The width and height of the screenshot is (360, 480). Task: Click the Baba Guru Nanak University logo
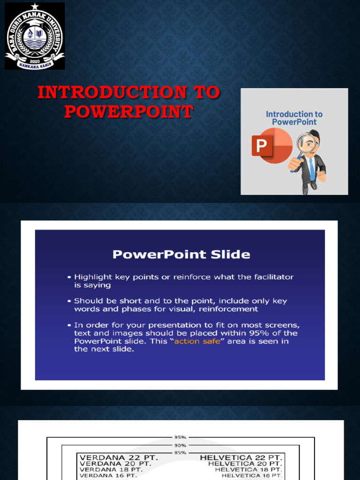click(x=35, y=36)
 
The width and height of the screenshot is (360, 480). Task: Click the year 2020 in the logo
click(x=34, y=61)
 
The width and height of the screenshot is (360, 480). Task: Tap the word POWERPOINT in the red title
click(x=128, y=111)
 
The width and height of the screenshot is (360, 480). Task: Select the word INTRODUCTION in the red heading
click(x=112, y=92)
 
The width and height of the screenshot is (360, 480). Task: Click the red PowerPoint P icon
click(x=262, y=145)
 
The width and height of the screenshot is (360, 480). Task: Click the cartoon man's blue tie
click(x=311, y=168)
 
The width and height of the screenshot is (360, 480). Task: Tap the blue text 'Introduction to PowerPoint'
click(x=294, y=118)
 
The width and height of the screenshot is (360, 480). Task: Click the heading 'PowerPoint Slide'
click(x=181, y=255)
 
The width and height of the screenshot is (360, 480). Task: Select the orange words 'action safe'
click(x=197, y=341)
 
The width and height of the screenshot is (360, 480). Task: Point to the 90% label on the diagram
click(x=180, y=445)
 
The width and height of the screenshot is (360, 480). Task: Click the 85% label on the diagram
click(x=180, y=452)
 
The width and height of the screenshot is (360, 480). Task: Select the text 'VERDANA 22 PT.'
click(x=119, y=458)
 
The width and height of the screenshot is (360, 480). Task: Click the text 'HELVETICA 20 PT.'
click(x=245, y=464)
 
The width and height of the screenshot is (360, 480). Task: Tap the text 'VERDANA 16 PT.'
click(x=108, y=475)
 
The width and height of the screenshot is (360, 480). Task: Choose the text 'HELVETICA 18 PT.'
click(x=248, y=470)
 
